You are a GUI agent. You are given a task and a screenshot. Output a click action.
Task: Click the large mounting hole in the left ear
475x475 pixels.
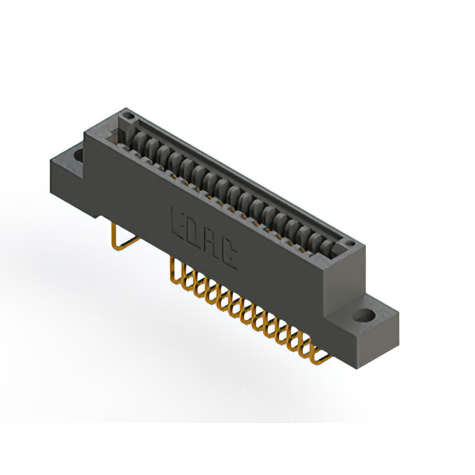pyautogui.click(x=77, y=154)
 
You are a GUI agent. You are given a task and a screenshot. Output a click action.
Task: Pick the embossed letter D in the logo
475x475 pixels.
pyautogui.click(x=197, y=233)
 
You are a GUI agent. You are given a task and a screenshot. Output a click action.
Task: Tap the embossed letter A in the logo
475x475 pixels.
pyautogui.click(x=214, y=246)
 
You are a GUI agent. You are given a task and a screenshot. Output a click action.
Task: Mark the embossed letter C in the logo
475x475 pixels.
pyautogui.click(x=231, y=257)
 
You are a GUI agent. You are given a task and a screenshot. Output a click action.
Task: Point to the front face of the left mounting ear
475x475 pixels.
pyautogui.click(x=67, y=186)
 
